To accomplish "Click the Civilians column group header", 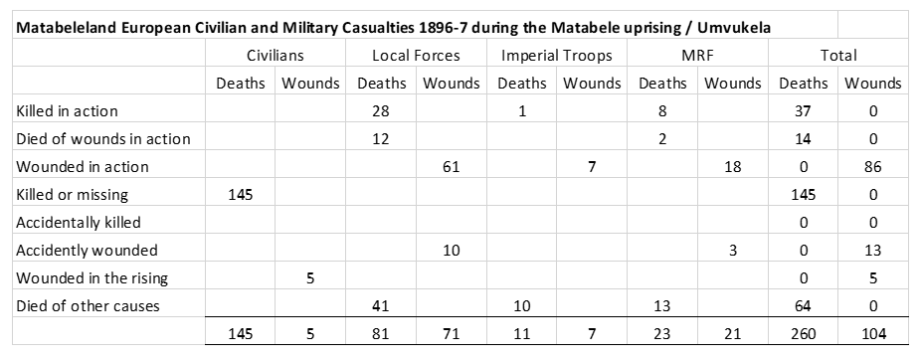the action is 276,56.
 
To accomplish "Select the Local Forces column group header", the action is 416,56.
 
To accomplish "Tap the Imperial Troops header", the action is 556,56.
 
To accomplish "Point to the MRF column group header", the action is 697,56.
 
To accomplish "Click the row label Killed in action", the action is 67,110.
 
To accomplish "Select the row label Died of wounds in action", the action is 103,139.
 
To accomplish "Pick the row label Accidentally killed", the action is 79,223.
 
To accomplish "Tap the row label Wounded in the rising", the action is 92,277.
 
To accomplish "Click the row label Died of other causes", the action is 88,306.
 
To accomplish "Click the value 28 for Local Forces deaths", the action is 381,111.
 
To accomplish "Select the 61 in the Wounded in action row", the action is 452,167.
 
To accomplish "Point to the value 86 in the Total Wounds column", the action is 873,167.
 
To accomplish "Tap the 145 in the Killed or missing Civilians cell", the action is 241,195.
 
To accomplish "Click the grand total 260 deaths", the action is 804,334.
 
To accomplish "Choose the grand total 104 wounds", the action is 873,334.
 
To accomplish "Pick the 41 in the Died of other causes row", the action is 381,306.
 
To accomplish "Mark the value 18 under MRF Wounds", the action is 733,167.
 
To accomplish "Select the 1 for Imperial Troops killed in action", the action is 521,111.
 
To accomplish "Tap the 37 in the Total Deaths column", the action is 804,111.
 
